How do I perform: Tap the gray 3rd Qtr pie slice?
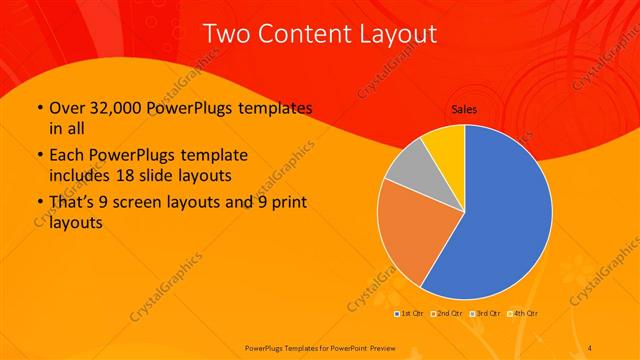tap(410, 170)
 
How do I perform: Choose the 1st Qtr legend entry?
tap(409, 314)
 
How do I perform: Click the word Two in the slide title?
tap(226, 34)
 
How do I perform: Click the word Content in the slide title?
tap(303, 34)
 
